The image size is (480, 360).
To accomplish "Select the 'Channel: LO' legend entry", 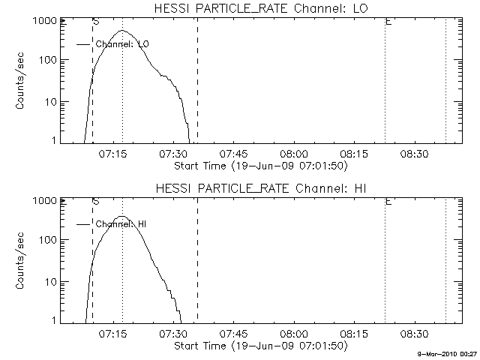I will (123, 44).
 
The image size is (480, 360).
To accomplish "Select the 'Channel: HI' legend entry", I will (121, 224).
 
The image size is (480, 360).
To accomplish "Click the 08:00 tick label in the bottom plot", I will (293, 333).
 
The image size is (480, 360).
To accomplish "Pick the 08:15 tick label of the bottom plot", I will (353, 333).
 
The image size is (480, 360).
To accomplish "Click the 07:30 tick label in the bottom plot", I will (173, 333).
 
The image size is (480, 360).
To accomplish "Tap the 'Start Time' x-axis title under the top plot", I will (259, 165).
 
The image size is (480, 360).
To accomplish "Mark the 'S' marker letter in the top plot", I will (96, 22).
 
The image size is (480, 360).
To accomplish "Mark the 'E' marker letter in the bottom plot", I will (388, 202).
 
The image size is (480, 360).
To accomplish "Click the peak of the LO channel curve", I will (122, 31).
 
